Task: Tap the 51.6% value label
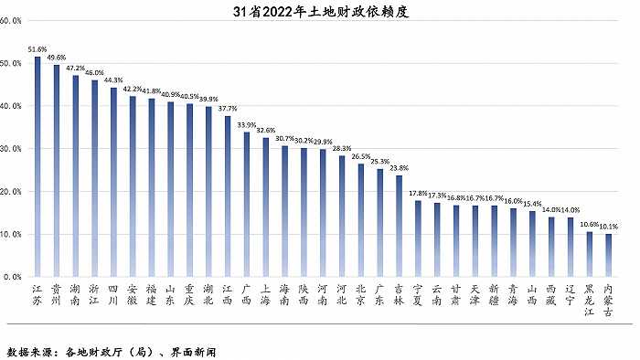(37, 49)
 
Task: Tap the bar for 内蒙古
(609, 255)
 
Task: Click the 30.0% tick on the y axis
(12, 148)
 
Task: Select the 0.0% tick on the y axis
(14, 276)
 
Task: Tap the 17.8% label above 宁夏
(418, 193)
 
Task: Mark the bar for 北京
(361, 220)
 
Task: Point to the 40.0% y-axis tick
(12, 106)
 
